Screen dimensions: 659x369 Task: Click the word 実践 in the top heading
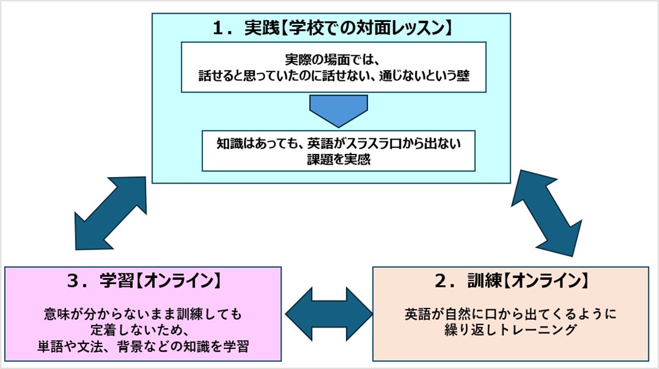pos(262,28)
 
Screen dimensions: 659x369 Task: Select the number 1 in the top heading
pos(218,29)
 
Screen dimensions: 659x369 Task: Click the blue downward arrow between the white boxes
pos(338,111)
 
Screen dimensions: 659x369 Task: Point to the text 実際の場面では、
pos(333,59)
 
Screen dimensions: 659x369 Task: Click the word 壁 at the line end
pos(462,75)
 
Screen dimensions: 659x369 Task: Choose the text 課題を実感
pos(339,159)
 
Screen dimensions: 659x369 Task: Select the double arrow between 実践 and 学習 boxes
pos(110,213)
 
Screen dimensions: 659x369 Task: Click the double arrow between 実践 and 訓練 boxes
pos(547,213)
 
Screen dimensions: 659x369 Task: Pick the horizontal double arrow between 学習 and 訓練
pos(329,314)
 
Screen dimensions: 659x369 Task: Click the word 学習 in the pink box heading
pos(116,280)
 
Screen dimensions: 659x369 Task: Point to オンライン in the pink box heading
pos(179,280)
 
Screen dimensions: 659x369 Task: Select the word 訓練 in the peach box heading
pos(484,280)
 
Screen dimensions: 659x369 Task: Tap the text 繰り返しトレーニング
pos(510,330)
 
